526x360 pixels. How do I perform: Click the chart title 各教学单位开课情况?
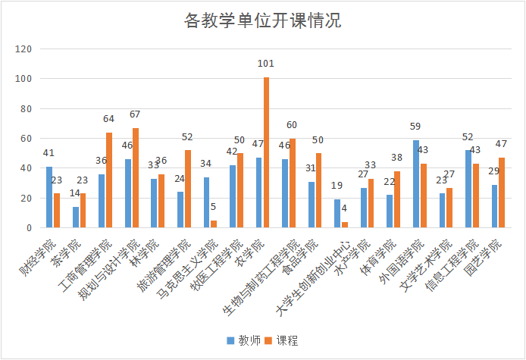[x=263, y=20]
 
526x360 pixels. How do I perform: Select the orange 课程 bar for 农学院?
[x=266, y=152]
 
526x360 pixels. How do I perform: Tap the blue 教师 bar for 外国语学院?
[x=416, y=184]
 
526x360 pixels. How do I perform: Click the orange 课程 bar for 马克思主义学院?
[x=214, y=224]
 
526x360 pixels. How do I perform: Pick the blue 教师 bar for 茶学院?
[x=76, y=218]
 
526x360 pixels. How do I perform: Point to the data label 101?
[x=265, y=64]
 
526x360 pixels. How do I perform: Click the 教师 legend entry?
[x=243, y=340]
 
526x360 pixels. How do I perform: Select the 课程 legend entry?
[x=282, y=340]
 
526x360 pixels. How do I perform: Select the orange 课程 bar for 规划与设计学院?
[x=136, y=177]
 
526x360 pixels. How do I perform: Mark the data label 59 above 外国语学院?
[x=416, y=127]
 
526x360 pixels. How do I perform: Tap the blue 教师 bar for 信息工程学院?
[x=468, y=189]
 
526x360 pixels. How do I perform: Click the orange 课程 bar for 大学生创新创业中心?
[x=345, y=224]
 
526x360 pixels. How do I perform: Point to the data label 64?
[x=109, y=119]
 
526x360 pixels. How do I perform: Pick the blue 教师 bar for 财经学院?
[x=49, y=197]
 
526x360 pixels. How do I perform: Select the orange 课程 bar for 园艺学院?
[x=502, y=193]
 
